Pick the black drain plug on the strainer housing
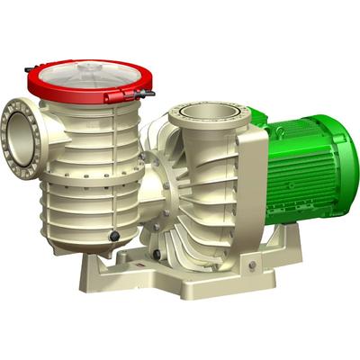click(x=114, y=236)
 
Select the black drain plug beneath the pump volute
click(x=157, y=255)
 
